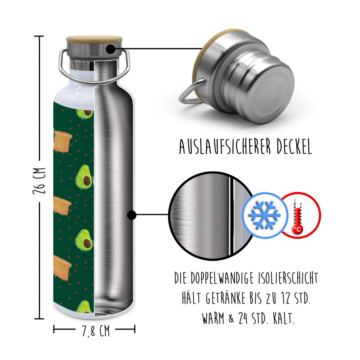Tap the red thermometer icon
298,215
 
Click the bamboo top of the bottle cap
95,39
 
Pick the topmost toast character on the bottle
63,142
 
